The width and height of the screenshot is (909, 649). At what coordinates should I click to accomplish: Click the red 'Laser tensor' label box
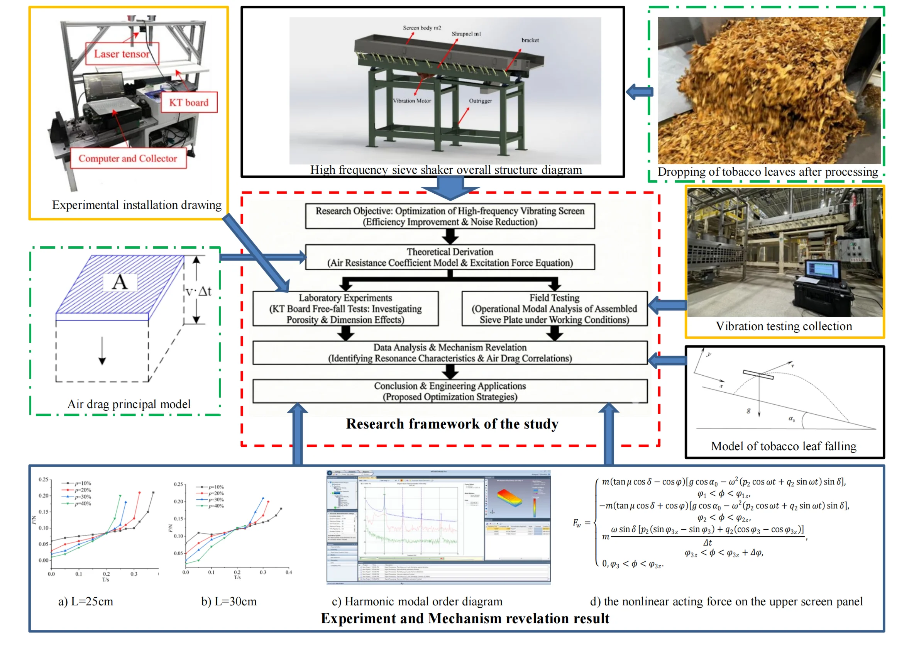[x=122, y=54]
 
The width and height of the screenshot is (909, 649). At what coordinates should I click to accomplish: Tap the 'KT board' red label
[x=189, y=103]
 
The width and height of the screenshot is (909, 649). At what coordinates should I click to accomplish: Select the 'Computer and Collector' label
[x=128, y=159]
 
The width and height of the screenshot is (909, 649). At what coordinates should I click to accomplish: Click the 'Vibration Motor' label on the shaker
[x=412, y=101]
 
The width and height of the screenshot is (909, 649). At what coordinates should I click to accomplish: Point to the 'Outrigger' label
[x=480, y=101]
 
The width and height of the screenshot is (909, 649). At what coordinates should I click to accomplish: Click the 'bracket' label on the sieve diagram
[x=530, y=41]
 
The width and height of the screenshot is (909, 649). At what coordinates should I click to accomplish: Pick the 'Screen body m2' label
[x=422, y=28]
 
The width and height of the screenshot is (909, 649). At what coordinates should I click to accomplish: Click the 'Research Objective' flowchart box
[x=450, y=216]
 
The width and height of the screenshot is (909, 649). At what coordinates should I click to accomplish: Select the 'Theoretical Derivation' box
[x=450, y=258]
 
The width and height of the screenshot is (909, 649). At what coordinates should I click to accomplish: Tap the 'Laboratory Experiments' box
[x=345, y=308]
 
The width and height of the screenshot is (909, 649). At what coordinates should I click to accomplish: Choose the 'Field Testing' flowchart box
[x=554, y=308]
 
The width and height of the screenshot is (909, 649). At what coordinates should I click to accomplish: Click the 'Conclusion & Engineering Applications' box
[x=450, y=391]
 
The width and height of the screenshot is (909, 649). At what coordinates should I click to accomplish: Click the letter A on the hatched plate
[x=120, y=282]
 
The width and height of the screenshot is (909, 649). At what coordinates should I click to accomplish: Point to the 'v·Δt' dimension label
[x=198, y=291]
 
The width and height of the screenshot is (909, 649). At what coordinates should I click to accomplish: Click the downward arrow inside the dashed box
[x=102, y=351]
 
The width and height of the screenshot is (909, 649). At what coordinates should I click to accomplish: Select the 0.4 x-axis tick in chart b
[x=288, y=572]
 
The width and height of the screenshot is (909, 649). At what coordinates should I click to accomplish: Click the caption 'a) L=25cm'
[x=86, y=602]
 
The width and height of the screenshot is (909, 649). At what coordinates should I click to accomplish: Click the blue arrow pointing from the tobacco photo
[x=640, y=92]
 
